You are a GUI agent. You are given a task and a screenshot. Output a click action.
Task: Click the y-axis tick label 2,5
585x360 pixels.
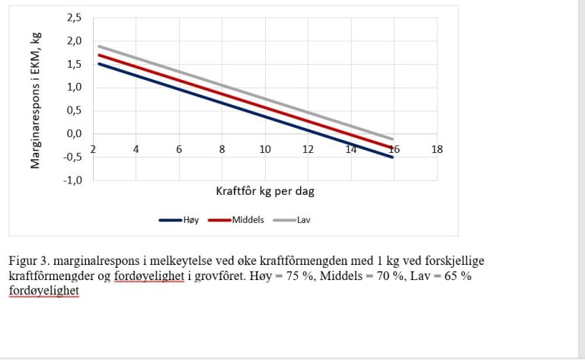74,18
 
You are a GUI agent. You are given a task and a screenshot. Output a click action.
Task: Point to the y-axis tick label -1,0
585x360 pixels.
73,180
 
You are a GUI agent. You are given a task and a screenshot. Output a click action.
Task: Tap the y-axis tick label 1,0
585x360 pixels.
74,87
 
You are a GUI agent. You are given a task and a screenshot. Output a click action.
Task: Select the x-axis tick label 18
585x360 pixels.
437,149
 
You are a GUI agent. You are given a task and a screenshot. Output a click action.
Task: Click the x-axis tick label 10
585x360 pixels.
265,149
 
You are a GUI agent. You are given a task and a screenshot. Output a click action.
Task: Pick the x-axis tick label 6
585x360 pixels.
179,149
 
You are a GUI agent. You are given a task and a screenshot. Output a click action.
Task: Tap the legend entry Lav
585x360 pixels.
303,220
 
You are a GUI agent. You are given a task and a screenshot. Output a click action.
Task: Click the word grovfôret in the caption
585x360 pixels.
235,276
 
